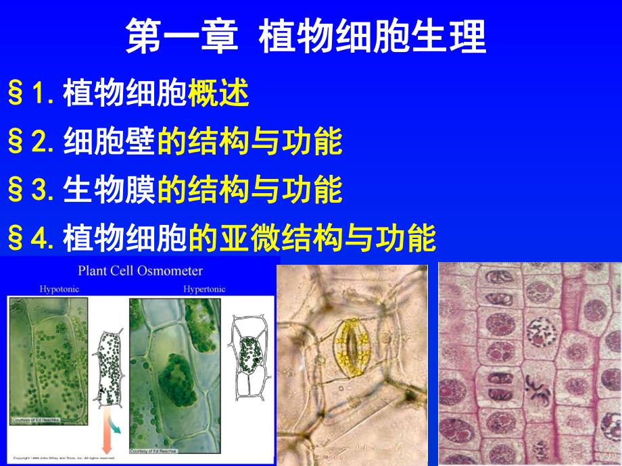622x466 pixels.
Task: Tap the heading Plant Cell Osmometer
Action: pyautogui.click(x=140, y=271)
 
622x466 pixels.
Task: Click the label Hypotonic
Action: pyautogui.click(x=60, y=289)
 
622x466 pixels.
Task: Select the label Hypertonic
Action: pyautogui.click(x=204, y=289)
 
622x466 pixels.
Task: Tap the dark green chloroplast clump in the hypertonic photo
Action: pyautogui.click(x=178, y=380)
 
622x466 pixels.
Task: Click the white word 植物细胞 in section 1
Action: pyautogui.click(x=124, y=95)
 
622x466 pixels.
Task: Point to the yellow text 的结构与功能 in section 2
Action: pyautogui.click(x=249, y=143)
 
